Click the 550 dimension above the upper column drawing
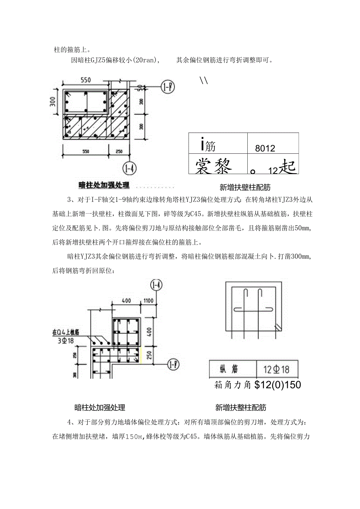(x=86, y=80)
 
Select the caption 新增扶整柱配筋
(x=240, y=407)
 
